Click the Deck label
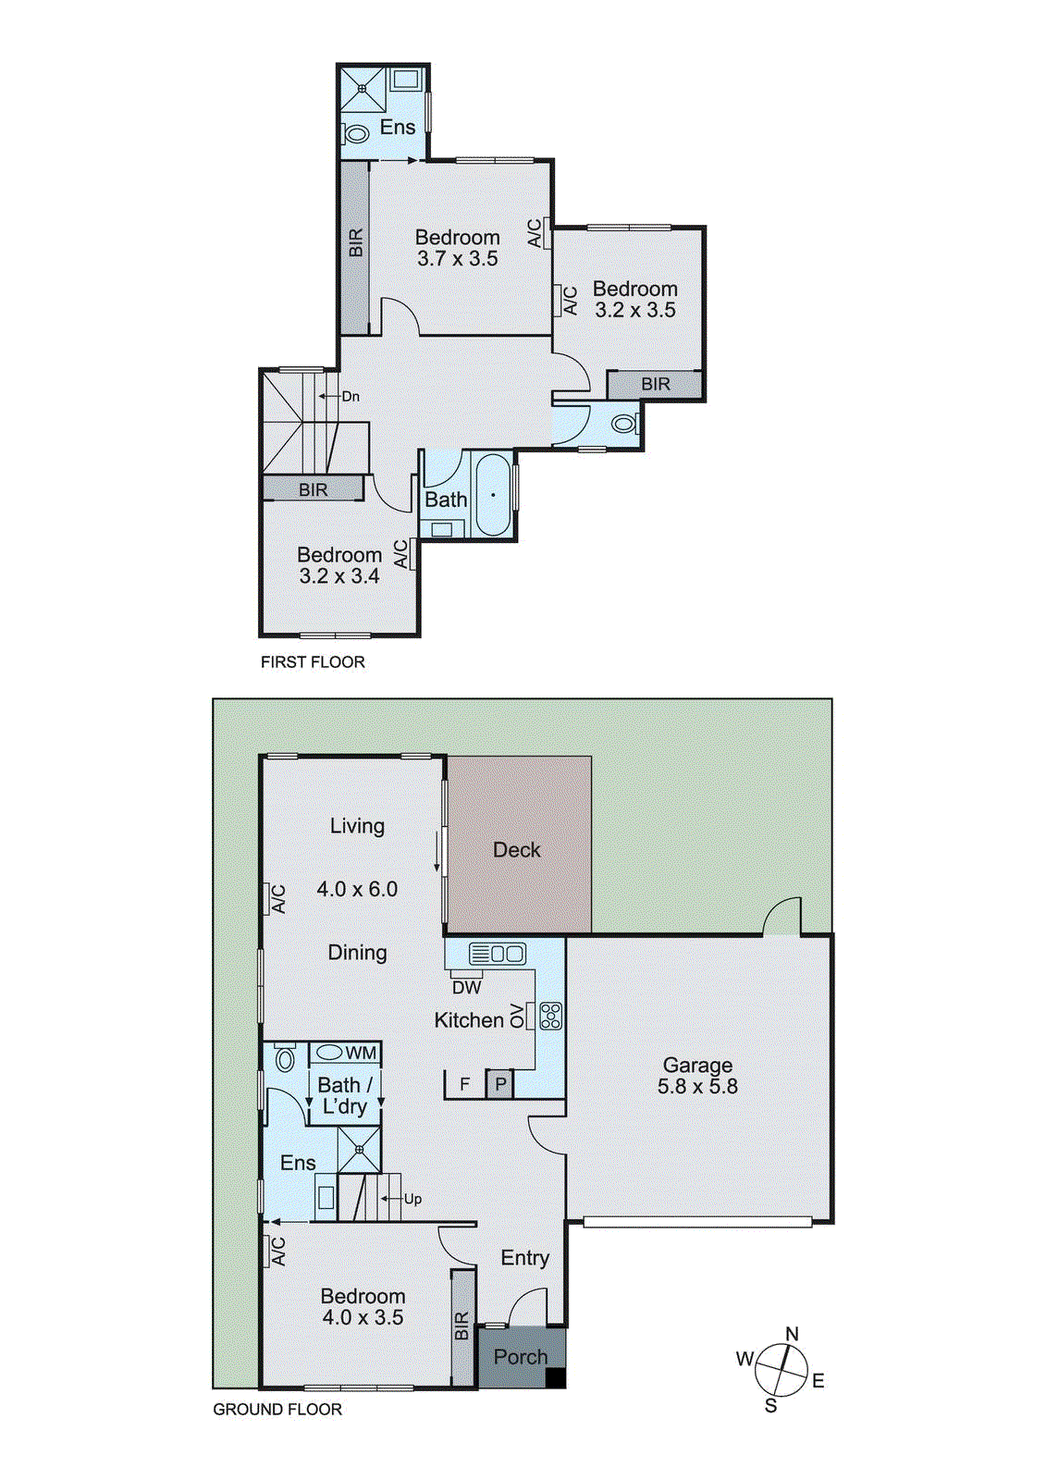coord(516,850)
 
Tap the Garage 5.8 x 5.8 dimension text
coord(697,1087)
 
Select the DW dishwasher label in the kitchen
coord(467,987)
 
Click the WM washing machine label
coord(361,1053)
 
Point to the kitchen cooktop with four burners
coord(550,1016)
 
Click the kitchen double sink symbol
coord(497,953)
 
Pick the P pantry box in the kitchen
coord(500,1084)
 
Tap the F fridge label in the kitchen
coord(464,1084)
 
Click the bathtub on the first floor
coord(493,495)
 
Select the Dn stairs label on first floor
coord(350,396)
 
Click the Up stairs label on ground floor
coord(412,1199)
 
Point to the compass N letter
coord(792,1334)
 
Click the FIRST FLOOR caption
coord(313,662)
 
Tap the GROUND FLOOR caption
coord(277,1410)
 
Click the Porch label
coord(521,1357)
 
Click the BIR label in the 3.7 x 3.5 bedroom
coord(356,242)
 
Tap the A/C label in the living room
coord(277,898)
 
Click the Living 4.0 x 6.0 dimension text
coord(357,890)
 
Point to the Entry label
coord(524,1258)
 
